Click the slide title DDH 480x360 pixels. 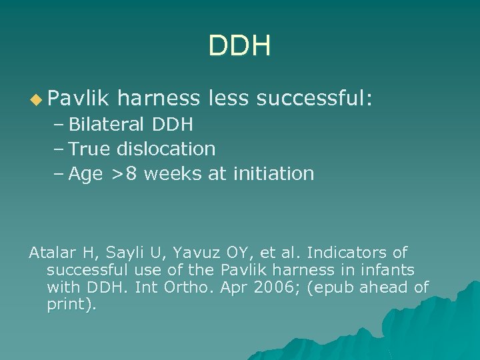239,46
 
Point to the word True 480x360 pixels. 90,149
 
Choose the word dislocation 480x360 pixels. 166,149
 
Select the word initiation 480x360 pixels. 273,174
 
